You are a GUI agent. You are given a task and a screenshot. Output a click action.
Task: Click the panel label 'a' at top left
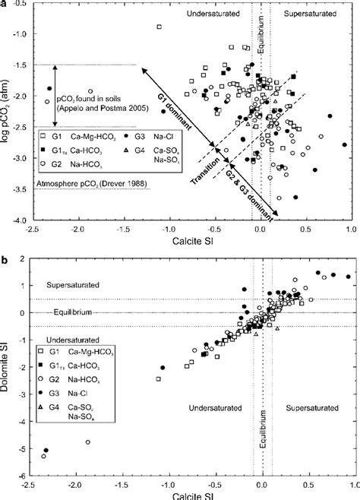6,5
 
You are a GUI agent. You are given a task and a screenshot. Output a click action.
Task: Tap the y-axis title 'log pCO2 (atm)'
8,112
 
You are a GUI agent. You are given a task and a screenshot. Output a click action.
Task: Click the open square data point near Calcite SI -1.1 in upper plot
159,27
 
